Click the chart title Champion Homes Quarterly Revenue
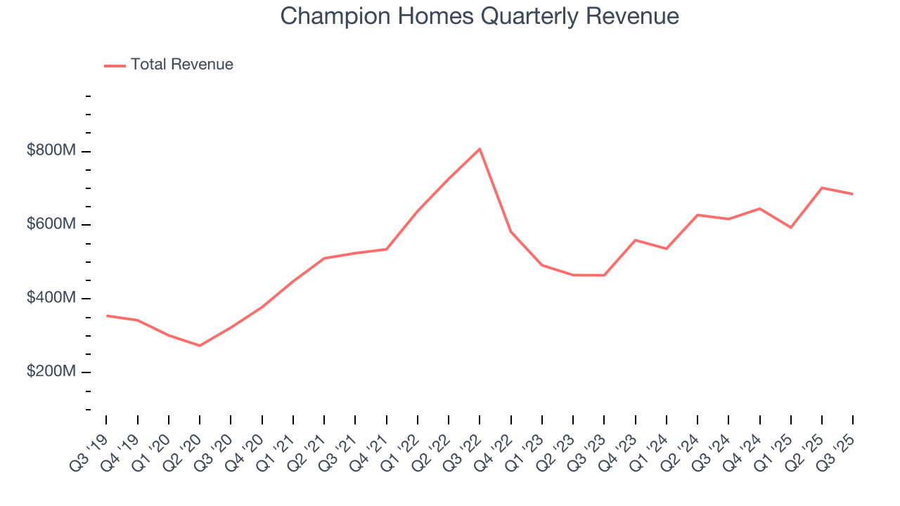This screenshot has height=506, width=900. coord(480,16)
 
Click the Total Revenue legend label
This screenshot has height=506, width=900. coord(181,65)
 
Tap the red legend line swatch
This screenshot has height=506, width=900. coord(115,65)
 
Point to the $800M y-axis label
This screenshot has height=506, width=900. coord(51,150)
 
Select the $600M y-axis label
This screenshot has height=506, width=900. coord(51,224)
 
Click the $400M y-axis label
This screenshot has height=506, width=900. coord(51,298)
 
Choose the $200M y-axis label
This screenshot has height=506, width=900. coord(51,371)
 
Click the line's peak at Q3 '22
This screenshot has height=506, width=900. coord(480,149)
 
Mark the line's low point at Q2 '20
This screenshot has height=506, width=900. coord(200,345)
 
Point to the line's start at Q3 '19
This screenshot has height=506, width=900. coord(107,316)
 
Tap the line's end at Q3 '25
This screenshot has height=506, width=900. coord(853,194)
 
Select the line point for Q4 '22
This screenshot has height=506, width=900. coord(510,231)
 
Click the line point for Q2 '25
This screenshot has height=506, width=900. coord(822,188)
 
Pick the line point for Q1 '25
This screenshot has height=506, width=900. coord(791,227)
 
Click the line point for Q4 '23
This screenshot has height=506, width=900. coord(635,240)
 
